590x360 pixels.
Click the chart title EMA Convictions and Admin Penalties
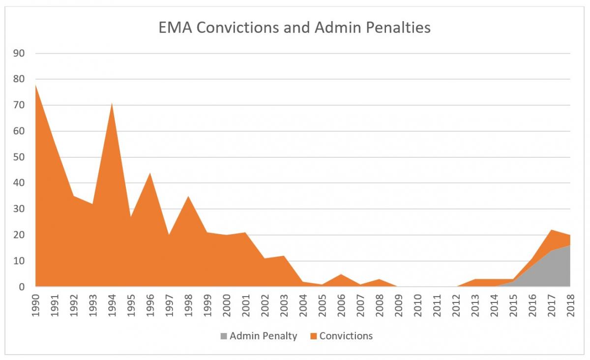(295, 28)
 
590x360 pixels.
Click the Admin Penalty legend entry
(263, 336)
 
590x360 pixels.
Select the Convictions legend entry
(346, 336)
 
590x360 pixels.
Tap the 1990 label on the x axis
(35, 305)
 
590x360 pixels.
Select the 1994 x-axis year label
(112, 305)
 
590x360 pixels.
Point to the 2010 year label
(417, 305)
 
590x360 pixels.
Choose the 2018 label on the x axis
(570, 305)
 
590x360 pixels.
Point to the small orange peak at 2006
(341, 274)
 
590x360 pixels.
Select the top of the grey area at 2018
(570, 245)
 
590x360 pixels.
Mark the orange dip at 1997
(169, 235)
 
